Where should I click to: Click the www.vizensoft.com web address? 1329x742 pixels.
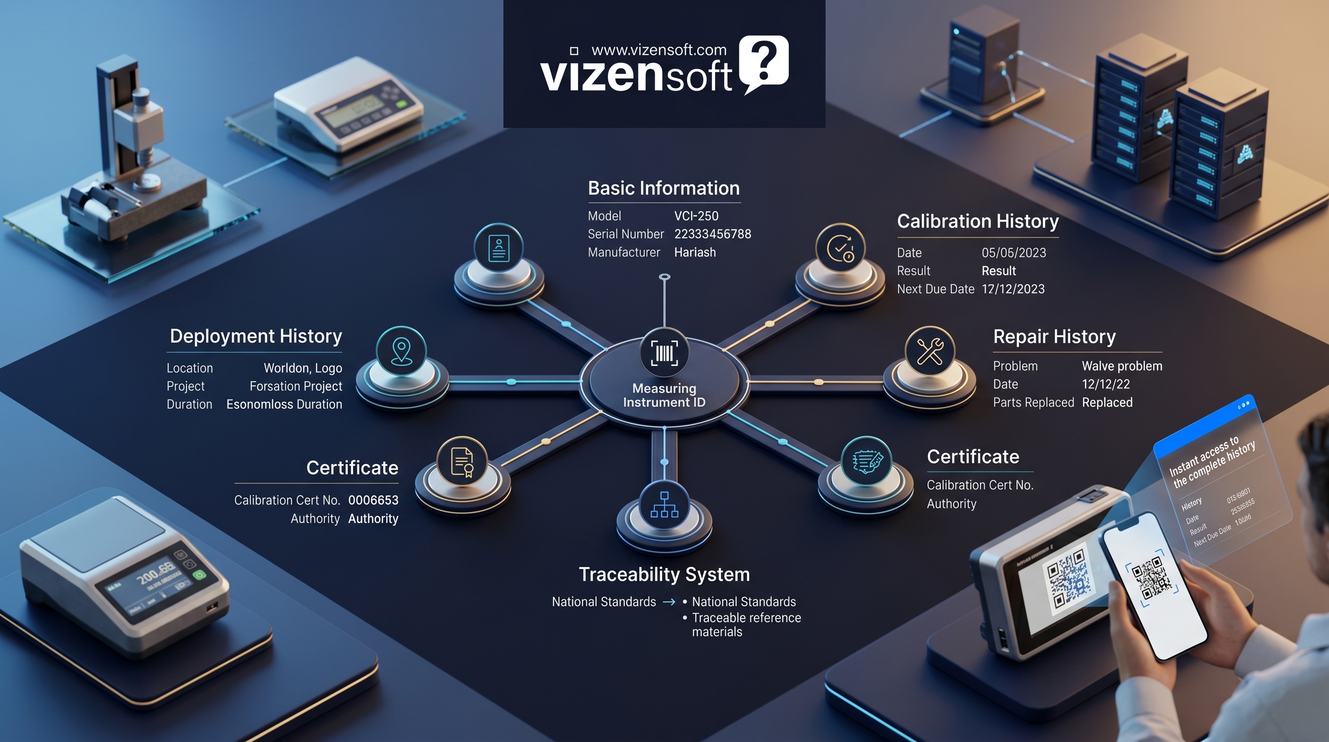click(x=659, y=50)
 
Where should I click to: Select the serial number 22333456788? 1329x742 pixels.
click(x=712, y=234)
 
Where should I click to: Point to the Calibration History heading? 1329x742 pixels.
click(x=977, y=221)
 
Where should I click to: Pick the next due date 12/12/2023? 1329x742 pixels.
click(x=1013, y=289)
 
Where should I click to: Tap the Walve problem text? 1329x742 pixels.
click(x=1122, y=366)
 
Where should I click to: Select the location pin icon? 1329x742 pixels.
click(x=401, y=352)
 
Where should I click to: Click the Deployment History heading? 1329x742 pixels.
click(x=256, y=336)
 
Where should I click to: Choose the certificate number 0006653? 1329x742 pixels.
click(x=373, y=500)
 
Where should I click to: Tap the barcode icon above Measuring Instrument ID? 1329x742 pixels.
click(x=664, y=354)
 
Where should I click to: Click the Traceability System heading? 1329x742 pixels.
click(x=664, y=574)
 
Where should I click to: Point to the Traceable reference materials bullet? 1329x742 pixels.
click(x=746, y=624)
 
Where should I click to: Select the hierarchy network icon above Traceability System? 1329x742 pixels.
click(x=664, y=505)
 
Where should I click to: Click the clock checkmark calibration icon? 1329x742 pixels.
click(x=840, y=249)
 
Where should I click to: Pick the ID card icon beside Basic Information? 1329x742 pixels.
click(x=498, y=249)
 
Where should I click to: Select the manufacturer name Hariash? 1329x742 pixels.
click(x=695, y=252)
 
